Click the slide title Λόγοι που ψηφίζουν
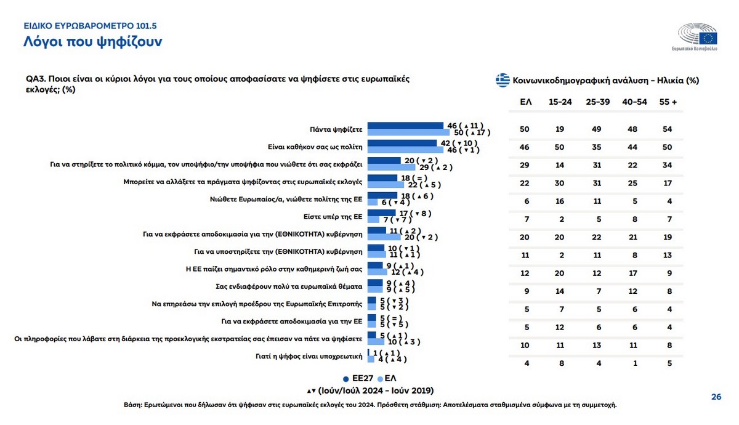point(93,42)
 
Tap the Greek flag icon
point(503,79)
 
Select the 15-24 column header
point(559,102)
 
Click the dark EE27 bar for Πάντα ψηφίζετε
point(405,126)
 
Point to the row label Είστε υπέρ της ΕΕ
point(333,216)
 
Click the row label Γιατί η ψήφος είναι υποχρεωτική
point(307,356)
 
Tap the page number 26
point(716,397)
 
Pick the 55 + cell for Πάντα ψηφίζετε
point(667,129)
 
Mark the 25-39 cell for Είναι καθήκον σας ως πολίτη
point(596,148)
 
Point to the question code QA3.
point(34,80)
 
